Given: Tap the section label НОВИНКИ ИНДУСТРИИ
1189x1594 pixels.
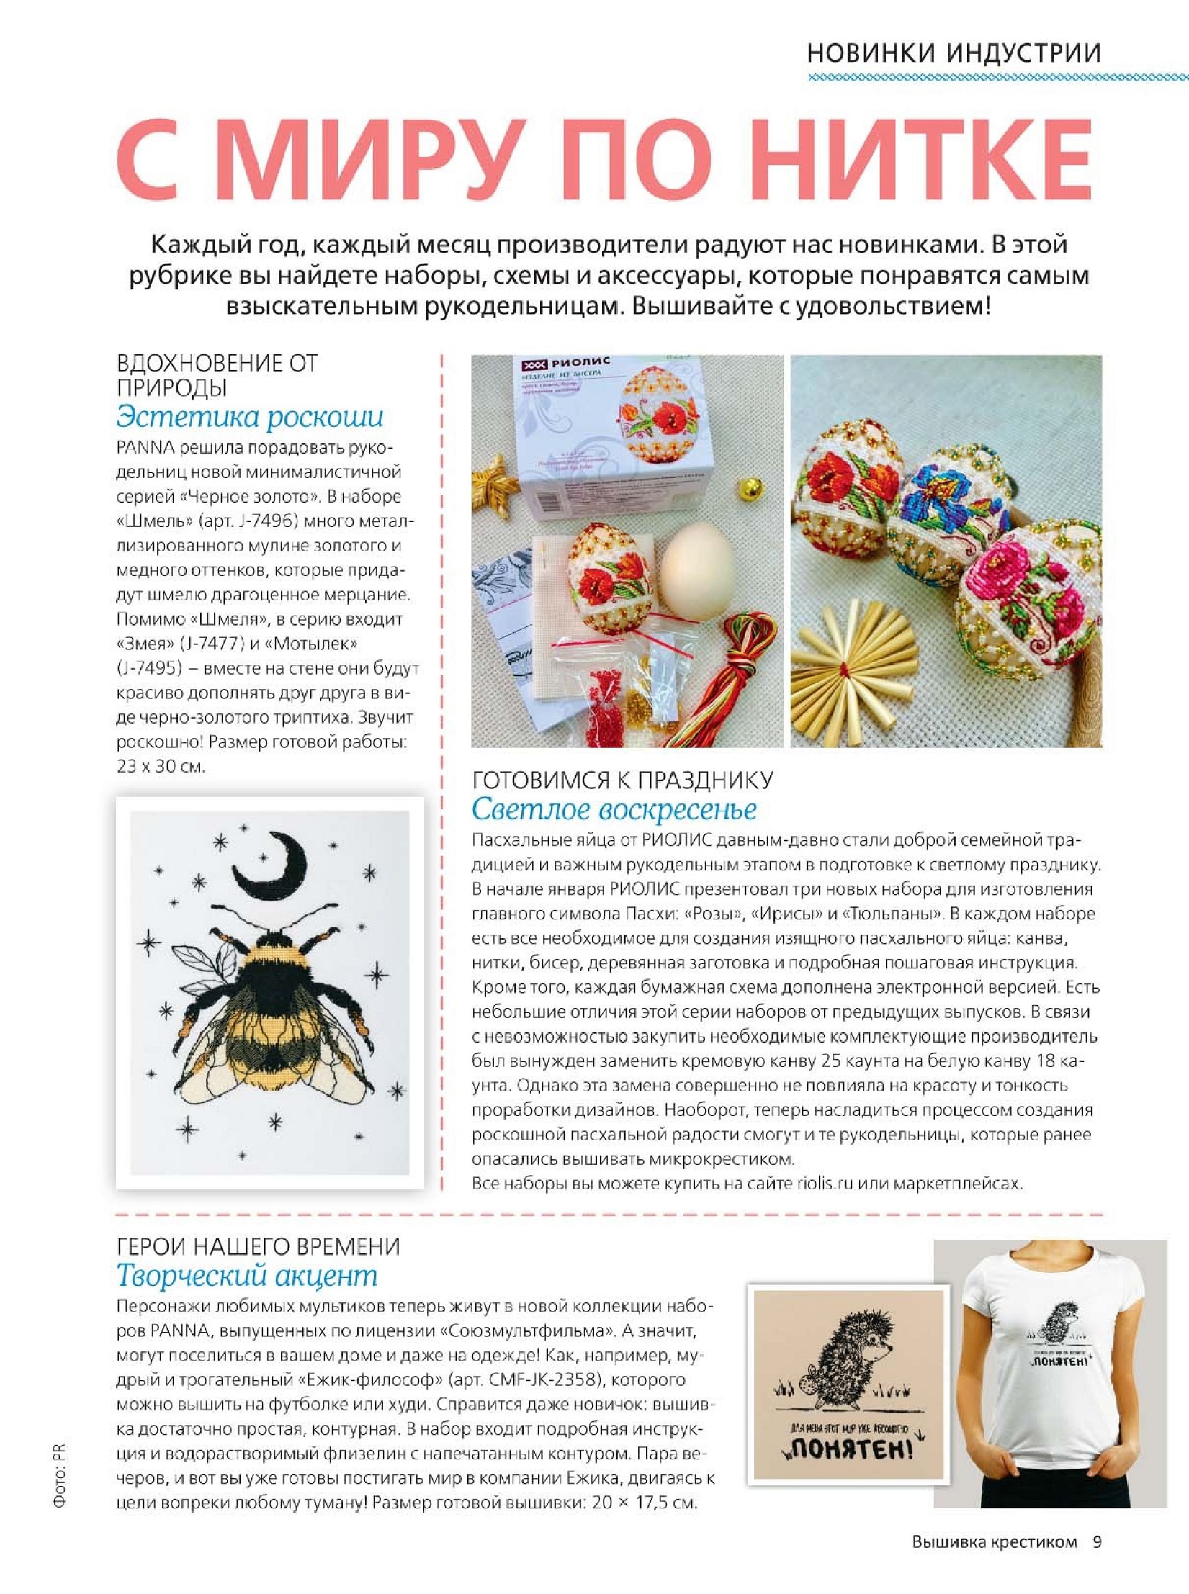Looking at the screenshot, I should (954, 53).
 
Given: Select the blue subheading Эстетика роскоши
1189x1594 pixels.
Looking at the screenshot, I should (250, 418).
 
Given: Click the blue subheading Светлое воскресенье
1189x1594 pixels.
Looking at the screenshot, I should (614, 809).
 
